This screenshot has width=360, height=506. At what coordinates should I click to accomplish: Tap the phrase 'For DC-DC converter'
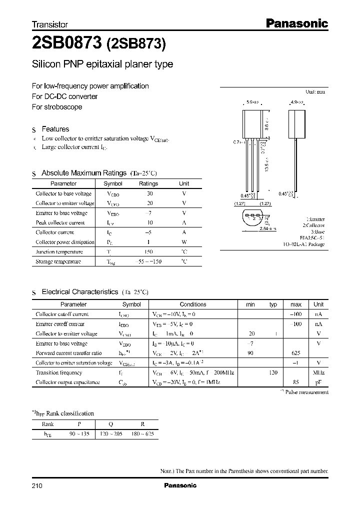click(x=64, y=96)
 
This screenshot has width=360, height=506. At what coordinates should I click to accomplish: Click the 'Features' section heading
click(x=55, y=129)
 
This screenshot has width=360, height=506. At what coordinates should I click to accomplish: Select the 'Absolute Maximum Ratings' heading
click(x=83, y=173)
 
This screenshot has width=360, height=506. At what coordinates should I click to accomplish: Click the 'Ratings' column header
click(x=148, y=183)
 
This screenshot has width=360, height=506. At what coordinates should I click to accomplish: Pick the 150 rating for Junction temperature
click(x=148, y=252)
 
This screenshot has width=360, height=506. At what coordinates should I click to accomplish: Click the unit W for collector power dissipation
click(x=184, y=242)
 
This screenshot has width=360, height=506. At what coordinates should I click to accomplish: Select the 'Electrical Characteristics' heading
click(x=79, y=291)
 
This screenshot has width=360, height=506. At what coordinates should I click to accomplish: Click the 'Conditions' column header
click(x=192, y=304)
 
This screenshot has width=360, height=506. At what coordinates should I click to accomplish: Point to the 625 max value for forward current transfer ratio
click(x=295, y=353)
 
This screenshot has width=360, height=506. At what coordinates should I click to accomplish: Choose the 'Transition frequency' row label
click(x=58, y=372)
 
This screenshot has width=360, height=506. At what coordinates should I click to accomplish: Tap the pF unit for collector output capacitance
click(x=318, y=382)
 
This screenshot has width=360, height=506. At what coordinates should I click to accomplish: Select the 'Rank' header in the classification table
click(x=48, y=424)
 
